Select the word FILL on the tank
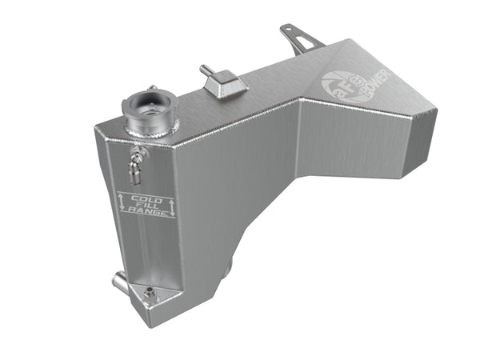(146, 205)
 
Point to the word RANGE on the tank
(148, 214)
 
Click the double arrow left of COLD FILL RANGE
(122, 204)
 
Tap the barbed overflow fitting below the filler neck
(133, 164)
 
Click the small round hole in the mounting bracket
(286, 30)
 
